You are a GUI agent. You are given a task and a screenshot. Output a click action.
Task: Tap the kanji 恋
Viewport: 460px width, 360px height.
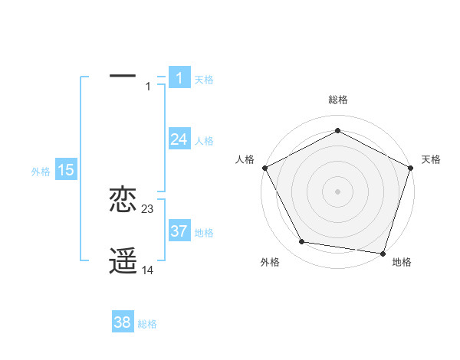[123, 199]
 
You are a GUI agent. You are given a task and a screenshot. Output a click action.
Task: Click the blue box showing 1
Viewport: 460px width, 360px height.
[179, 77]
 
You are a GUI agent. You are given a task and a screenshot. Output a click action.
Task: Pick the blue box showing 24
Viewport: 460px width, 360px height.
[179, 139]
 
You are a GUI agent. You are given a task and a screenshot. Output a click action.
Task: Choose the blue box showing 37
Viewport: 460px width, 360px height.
[179, 231]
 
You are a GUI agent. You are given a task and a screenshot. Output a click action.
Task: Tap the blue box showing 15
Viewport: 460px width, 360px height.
[66, 170]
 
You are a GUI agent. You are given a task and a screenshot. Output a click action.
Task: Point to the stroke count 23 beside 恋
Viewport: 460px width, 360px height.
[148, 209]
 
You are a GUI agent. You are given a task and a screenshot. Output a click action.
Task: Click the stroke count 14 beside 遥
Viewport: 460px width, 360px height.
[148, 270]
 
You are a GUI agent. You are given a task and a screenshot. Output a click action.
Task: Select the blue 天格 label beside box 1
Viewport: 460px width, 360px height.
[204, 79]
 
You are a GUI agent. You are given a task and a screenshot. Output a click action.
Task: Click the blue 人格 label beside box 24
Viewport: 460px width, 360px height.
[204, 141]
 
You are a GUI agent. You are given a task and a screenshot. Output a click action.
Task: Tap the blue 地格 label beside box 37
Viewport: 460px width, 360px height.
[204, 232]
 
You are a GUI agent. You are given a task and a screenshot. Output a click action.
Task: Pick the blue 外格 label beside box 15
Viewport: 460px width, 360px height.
[41, 172]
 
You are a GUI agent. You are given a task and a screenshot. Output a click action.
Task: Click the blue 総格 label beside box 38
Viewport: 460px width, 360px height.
[147, 324]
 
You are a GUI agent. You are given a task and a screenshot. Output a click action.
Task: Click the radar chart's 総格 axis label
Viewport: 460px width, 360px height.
[337, 100]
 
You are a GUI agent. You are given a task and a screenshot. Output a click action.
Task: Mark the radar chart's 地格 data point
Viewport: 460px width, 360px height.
[383, 252]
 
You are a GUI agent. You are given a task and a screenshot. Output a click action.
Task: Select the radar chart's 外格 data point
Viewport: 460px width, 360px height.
[302, 242]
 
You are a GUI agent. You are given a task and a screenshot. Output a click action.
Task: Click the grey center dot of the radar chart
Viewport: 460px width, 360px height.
[337, 191]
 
